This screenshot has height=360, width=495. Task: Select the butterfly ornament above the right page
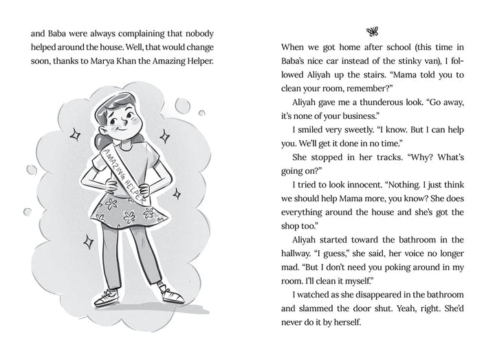click(x=373, y=31)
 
